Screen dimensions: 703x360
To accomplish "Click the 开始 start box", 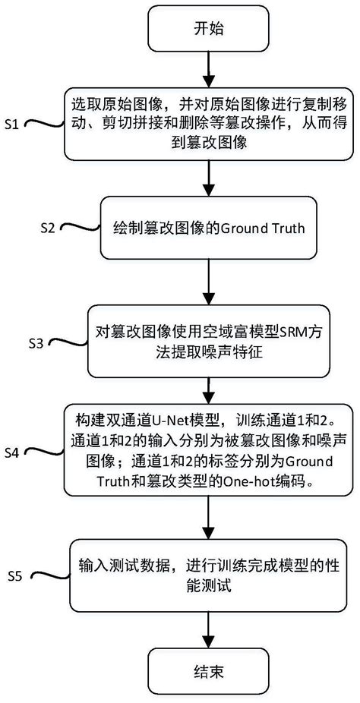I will tap(207, 30).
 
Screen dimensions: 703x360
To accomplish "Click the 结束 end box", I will tap(207, 671).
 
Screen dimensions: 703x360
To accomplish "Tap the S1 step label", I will tap(14, 125).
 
